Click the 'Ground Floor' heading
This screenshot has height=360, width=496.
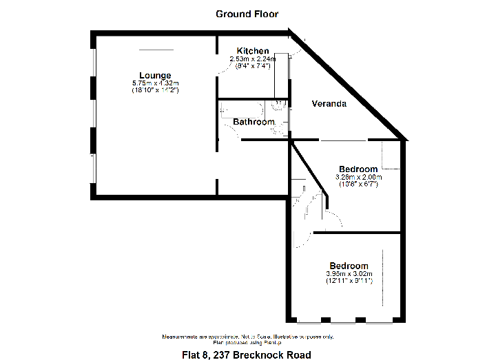click(x=247, y=14)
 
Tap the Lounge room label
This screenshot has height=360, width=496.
click(x=155, y=75)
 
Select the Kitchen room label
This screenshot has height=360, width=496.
click(x=253, y=51)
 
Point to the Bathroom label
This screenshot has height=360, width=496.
click(x=254, y=122)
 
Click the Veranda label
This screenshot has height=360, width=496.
click(x=329, y=104)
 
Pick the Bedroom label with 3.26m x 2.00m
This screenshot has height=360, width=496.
click(x=358, y=169)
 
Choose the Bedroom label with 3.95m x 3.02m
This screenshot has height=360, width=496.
click(x=349, y=266)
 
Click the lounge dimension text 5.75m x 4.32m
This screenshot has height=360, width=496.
click(x=156, y=83)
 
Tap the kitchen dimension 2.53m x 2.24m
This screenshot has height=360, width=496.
click(x=253, y=59)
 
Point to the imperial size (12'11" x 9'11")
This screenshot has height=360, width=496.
click(x=349, y=281)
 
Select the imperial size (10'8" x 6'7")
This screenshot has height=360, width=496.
click(x=358, y=184)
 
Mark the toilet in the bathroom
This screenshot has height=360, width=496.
click(x=279, y=105)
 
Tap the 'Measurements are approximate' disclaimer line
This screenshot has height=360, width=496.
click(x=248, y=337)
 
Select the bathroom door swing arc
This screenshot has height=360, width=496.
click(x=231, y=131)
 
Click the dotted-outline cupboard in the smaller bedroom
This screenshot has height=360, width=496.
click(x=391, y=155)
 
